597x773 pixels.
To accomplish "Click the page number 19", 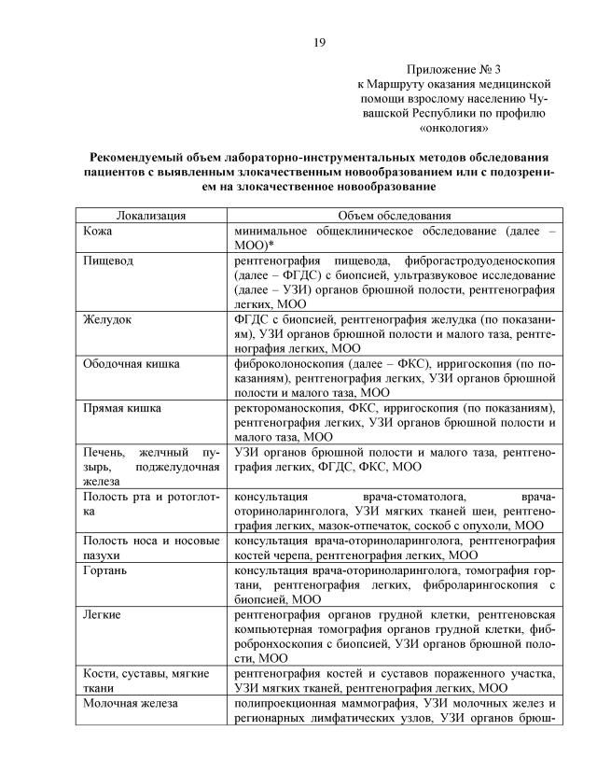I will [x=319, y=42].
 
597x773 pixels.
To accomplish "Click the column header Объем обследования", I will [x=395, y=215].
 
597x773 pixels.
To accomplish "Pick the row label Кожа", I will [x=98, y=230].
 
